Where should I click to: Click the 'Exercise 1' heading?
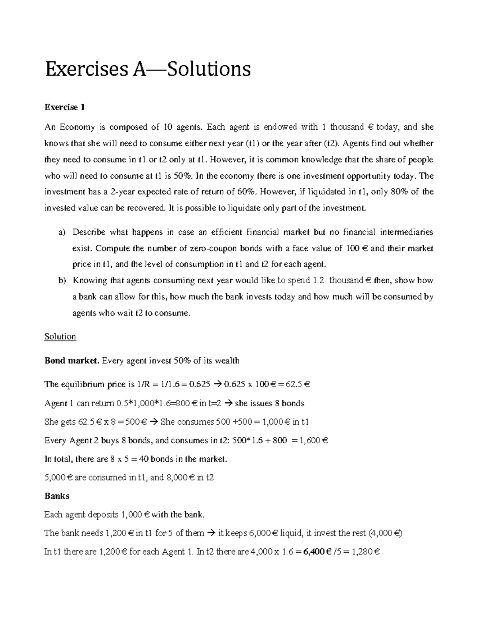pyautogui.click(x=65, y=107)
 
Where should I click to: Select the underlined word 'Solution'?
pyautogui.click(x=60, y=337)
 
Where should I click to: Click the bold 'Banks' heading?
pyautogui.click(x=57, y=496)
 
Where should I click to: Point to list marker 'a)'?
pyautogui.click(x=62, y=232)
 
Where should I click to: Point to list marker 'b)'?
pyautogui.click(x=62, y=281)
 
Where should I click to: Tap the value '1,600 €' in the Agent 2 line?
pyautogui.click(x=311, y=441)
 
